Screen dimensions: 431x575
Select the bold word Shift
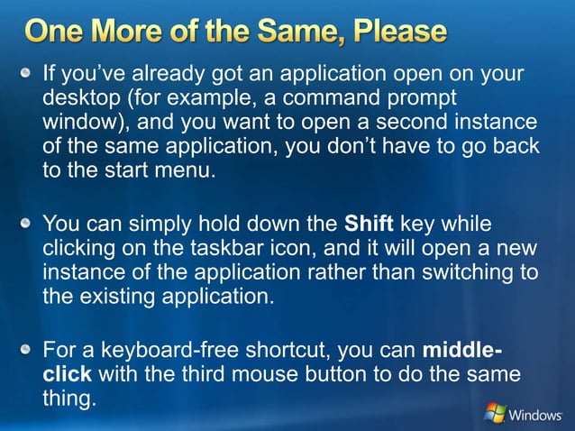370,223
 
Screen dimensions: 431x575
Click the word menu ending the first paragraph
186,170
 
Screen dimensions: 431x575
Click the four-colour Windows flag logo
494,413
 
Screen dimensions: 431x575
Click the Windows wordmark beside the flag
537,415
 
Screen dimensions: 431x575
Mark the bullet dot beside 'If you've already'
30,73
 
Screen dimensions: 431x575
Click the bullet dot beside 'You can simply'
30,223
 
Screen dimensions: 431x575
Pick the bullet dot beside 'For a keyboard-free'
30,349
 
